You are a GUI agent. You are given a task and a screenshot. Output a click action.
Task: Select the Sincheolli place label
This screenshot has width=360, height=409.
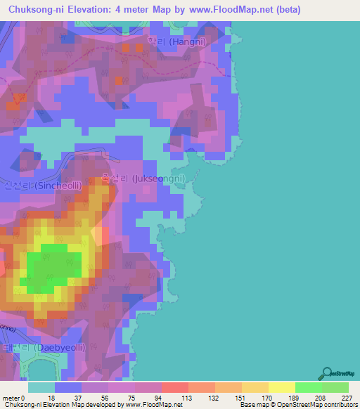coord(43,186)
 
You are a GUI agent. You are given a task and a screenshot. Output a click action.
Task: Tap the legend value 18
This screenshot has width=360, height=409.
coord(53,398)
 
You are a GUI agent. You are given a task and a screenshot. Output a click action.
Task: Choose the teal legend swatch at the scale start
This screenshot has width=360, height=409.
coord(41,387)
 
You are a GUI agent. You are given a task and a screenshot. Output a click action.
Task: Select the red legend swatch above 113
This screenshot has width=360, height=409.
coord(174,387)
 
